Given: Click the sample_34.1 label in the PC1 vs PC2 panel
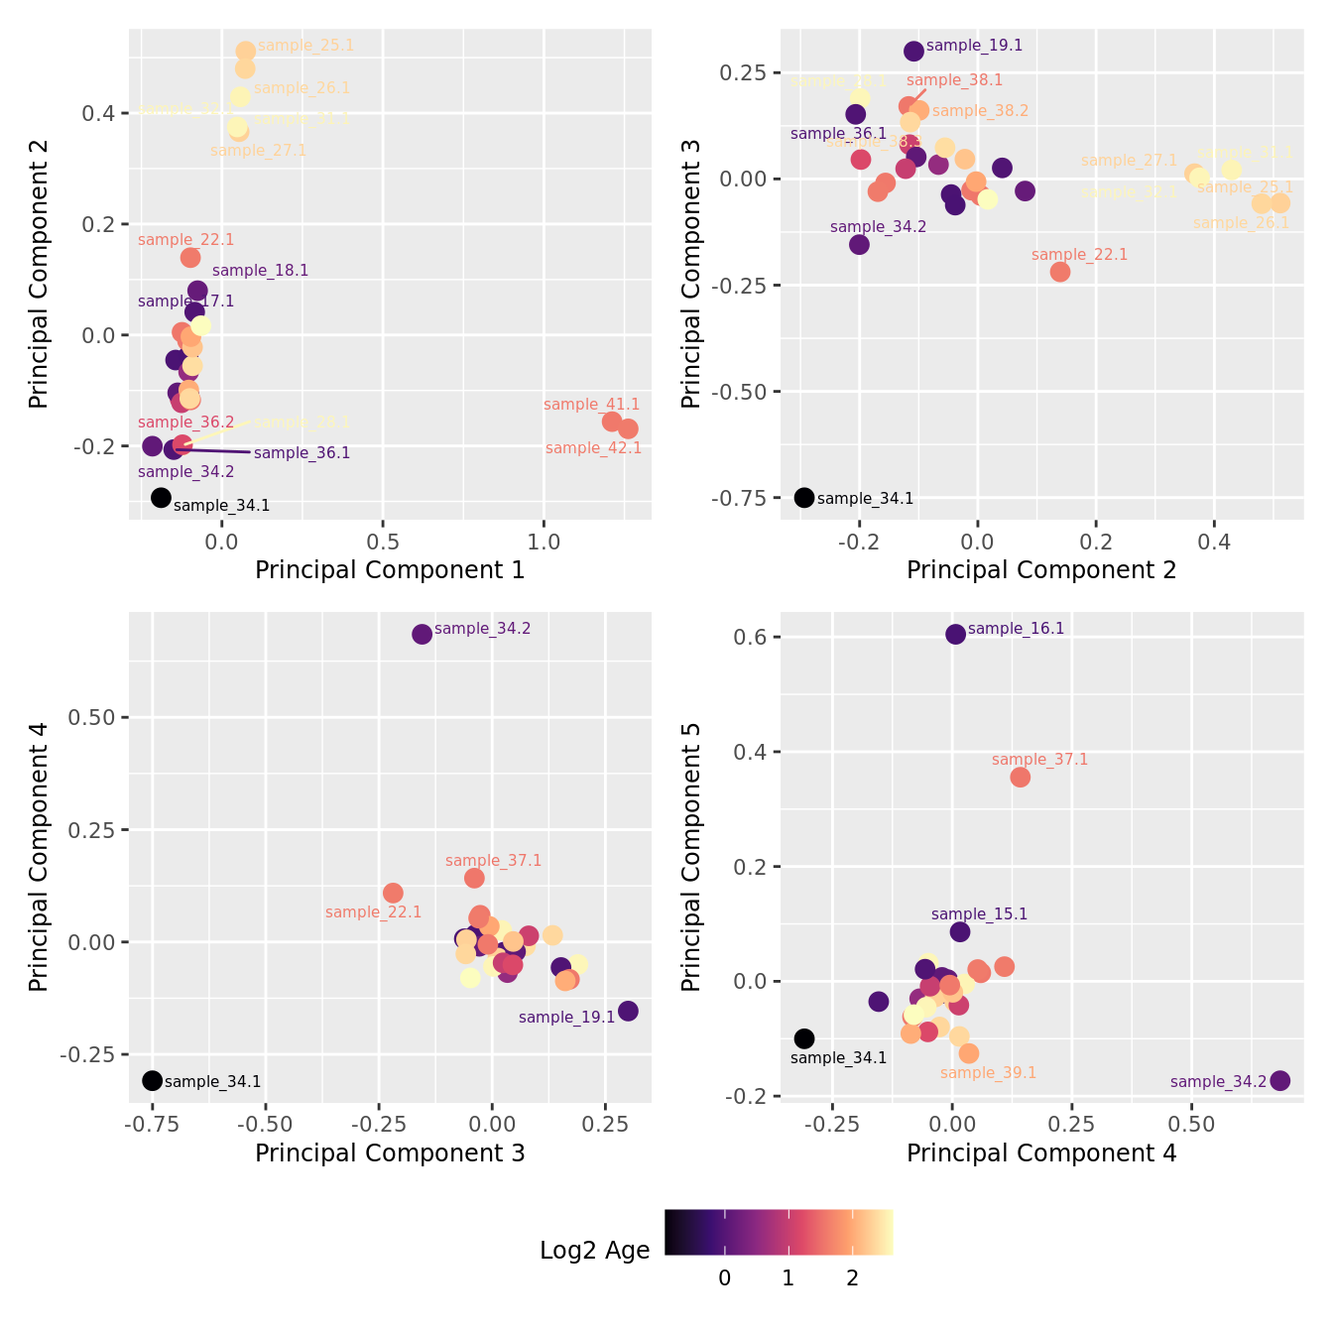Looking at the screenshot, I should [x=221, y=506].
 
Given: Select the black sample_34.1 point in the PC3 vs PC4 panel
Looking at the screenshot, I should [x=152, y=1080].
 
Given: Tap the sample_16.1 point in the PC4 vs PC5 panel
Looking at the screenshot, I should [x=955, y=634].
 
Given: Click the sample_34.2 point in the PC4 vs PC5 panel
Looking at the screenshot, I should [x=1279, y=1080].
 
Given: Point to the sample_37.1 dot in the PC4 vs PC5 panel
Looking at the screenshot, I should [x=1020, y=777].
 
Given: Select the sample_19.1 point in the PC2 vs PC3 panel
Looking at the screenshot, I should [x=913, y=51].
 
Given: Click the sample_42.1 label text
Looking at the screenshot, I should [x=593, y=448].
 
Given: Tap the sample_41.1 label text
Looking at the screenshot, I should [x=591, y=405].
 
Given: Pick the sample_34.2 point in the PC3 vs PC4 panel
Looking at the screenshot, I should [x=422, y=634].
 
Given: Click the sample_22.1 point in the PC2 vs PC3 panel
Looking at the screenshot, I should [x=1059, y=271].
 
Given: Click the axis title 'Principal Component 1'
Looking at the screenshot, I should [x=390, y=570].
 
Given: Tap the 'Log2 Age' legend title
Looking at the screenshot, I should [x=594, y=1251].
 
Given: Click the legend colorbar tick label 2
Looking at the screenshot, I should [x=852, y=1277].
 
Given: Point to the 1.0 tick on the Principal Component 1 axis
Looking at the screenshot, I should [x=544, y=543].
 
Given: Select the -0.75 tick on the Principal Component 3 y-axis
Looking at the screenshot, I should [x=738, y=498].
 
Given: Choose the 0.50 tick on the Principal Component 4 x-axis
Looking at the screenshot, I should [x=1191, y=1125].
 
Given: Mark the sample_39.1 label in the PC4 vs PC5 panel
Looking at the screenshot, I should [x=988, y=1073].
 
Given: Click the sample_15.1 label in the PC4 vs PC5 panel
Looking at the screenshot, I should [x=979, y=914].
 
